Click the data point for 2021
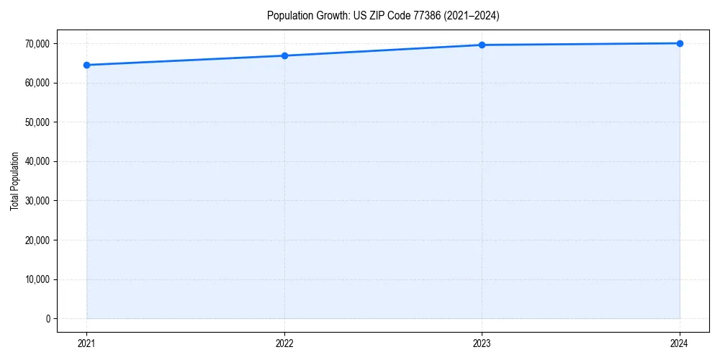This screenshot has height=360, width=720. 86,65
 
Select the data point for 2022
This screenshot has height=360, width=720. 284,55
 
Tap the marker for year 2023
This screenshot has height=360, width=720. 482,45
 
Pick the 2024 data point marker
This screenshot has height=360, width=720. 680,43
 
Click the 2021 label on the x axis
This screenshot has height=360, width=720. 86,343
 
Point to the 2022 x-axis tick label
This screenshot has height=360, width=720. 284,343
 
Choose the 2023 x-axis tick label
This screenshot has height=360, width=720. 482,343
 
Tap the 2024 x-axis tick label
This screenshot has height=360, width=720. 680,343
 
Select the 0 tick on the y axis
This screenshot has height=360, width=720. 48,318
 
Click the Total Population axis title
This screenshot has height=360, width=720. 14,181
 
